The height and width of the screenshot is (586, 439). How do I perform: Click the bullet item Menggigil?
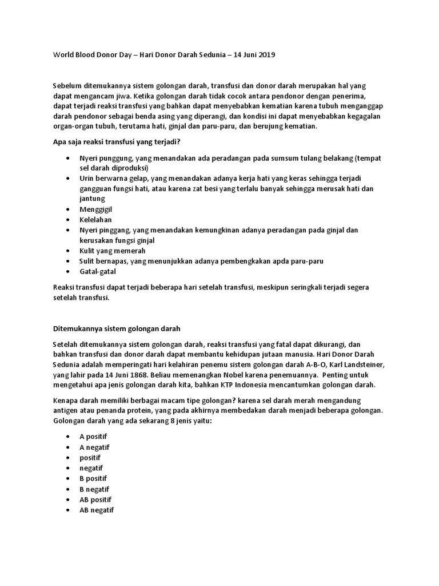click(x=95, y=209)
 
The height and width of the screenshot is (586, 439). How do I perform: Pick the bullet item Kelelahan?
click(x=95, y=220)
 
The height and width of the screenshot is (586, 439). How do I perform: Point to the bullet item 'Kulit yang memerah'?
click(x=113, y=251)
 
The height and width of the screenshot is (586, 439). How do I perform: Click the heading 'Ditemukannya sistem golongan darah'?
click(x=117, y=328)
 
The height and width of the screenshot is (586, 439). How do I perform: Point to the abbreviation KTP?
click(x=230, y=385)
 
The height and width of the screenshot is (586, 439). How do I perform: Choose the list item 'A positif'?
click(x=93, y=437)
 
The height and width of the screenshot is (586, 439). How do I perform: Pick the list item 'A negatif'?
click(x=94, y=447)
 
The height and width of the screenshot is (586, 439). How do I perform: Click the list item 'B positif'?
click(x=93, y=478)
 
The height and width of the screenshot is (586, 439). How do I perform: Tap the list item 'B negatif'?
click(x=94, y=489)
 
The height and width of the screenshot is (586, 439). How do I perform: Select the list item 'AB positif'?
click(x=95, y=499)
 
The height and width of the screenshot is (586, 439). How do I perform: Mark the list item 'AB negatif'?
click(x=97, y=509)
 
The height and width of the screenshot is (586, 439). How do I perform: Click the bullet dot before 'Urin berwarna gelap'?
click(x=69, y=179)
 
